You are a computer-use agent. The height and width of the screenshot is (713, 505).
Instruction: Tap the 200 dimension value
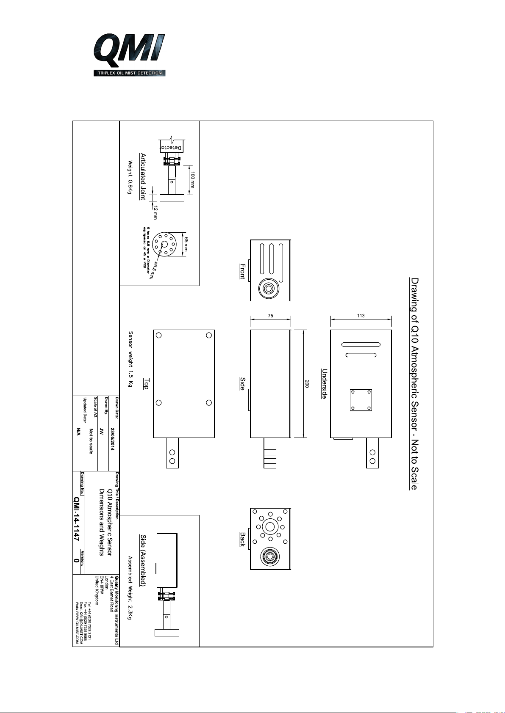click(x=307, y=384)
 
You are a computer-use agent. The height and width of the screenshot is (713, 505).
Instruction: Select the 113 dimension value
click(x=361, y=315)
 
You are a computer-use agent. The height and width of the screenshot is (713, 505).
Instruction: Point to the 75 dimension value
click(x=270, y=315)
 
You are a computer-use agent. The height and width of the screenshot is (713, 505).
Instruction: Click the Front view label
click(x=242, y=271)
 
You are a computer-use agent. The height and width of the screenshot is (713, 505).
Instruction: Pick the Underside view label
click(x=325, y=383)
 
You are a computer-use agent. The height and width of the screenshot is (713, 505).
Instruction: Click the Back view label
click(x=242, y=539)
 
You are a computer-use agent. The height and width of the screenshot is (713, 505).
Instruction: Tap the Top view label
click(x=146, y=384)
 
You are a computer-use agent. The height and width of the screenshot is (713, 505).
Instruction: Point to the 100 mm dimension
click(x=192, y=180)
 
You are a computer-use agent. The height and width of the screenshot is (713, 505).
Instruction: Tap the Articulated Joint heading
click(x=143, y=176)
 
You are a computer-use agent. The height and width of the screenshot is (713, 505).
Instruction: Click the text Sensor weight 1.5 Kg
click(x=130, y=359)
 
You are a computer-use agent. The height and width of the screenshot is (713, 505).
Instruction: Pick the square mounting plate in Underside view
click(x=361, y=400)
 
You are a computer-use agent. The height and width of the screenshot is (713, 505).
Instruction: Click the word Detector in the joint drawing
click(x=172, y=148)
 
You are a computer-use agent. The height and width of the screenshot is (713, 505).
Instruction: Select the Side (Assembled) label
click(x=143, y=560)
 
